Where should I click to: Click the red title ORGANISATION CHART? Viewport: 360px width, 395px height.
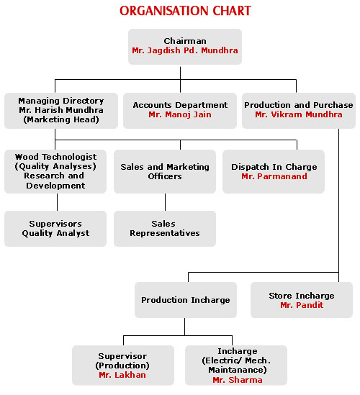coord(185,11)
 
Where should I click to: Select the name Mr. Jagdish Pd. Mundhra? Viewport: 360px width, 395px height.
coord(185,50)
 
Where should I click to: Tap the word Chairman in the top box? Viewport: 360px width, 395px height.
coord(185,41)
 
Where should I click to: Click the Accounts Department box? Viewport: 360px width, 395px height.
coord(180,111)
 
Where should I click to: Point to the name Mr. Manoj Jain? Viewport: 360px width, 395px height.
coord(180,114)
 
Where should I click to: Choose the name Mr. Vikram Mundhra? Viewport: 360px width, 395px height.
coord(299,114)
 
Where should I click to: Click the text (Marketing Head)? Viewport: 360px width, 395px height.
coord(61,119)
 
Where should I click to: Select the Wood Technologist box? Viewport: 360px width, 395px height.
coord(55,171)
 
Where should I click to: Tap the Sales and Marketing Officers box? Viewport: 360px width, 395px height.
coord(165,171)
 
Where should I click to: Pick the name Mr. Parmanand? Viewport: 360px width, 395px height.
coord(274,176)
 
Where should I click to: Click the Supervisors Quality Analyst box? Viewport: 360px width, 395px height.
coord(55,229)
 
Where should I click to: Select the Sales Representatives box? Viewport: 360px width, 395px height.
coord(165,229)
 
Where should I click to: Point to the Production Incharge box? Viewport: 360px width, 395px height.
coord(186,300)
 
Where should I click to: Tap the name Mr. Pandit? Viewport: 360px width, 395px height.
coord(302,305)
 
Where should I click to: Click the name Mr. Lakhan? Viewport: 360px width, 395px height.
coord(122,375)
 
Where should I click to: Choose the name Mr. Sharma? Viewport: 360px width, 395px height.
coord(238,380)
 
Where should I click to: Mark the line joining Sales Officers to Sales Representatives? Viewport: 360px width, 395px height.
coord(166,202)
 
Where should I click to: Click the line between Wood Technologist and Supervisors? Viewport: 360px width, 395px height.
coord(57,202)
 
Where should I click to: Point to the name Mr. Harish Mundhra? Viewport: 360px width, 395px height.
coord(61,110)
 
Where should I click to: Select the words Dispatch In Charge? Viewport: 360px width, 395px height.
coord(274,167)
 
